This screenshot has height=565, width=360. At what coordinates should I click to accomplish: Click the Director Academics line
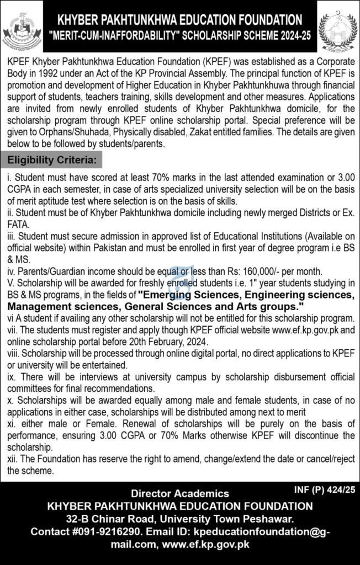click(179, 493)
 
